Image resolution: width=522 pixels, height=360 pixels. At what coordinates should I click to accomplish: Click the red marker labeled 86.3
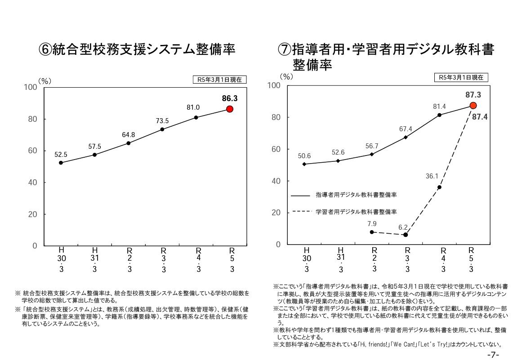click(230, 109)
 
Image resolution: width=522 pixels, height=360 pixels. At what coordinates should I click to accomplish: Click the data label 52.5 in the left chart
click(61, 154)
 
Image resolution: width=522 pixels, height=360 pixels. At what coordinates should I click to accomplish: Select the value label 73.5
click(162, 120)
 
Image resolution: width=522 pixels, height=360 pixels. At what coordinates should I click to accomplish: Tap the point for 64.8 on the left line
click(129, 143)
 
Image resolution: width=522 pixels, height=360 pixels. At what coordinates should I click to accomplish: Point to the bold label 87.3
click(473, 95)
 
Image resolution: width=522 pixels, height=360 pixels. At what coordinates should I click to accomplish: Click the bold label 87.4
click(480, 116)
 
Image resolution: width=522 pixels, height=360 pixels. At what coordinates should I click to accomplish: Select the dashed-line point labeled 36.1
click(439, 187)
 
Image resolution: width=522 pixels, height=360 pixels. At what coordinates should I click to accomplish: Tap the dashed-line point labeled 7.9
click(372, 232)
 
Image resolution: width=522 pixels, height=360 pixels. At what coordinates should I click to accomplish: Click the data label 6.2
click(403, 227)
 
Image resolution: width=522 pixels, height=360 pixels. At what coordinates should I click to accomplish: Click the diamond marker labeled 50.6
click(304, 164)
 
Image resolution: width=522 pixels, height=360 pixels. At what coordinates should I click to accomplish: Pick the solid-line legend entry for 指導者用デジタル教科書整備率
click(344, 195)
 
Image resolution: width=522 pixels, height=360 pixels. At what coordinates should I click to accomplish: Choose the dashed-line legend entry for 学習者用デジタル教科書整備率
click(344, 211)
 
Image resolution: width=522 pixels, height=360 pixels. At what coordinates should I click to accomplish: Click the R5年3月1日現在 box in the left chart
click(220, 80)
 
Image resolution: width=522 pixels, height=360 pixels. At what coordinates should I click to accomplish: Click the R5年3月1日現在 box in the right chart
click(461, 77)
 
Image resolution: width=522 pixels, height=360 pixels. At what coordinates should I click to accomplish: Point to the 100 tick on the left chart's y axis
click(31, 87)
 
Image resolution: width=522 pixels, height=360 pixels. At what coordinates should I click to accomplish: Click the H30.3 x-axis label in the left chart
click(61, 259)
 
